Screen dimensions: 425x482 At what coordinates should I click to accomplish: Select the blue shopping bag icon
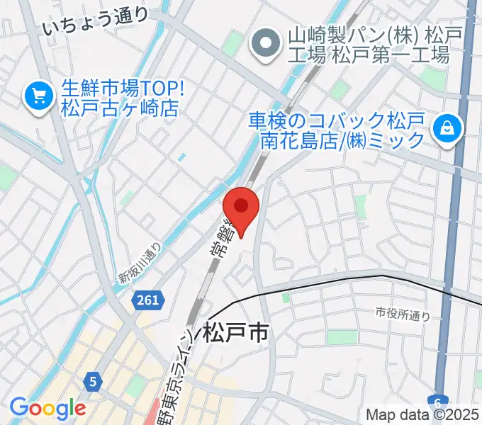tap(449, 128)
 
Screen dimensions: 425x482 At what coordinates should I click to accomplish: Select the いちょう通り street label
tap(95, 22)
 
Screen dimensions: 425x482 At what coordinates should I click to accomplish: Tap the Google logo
tap(47, 408)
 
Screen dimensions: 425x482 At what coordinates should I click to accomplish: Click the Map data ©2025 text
tap(422, 414)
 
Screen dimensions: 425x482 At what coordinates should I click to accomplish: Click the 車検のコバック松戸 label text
tap(336, 119)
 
